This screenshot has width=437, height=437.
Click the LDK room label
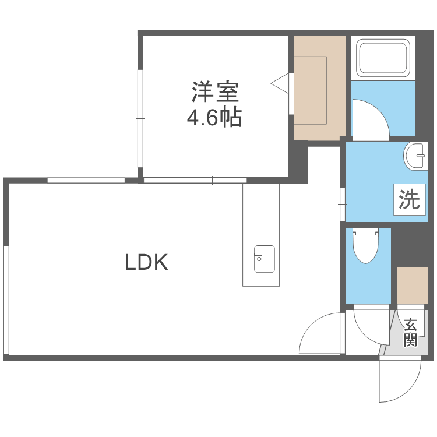coord(146,263)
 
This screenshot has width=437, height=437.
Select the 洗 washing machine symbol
coord(409,200)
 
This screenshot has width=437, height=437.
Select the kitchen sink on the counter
coord(264,259)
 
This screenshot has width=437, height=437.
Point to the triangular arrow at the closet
coord(281,83)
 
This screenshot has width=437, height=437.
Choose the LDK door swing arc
coord(319,333)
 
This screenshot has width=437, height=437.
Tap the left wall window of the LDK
coord(6,299)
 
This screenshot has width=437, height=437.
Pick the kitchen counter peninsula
coord(261,233)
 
